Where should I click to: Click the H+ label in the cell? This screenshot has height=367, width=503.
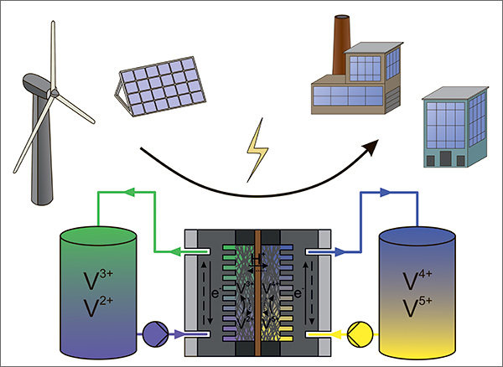257,261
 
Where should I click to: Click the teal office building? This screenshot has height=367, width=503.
452,126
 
